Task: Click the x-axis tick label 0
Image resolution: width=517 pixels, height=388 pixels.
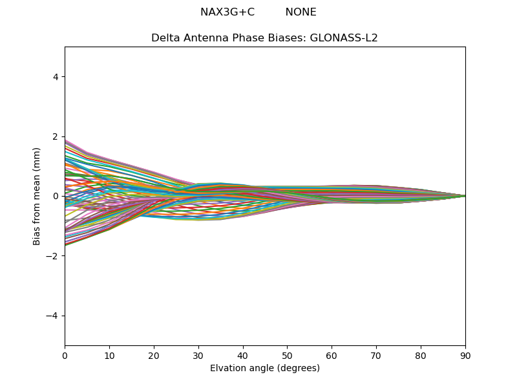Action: (x=65, y=355)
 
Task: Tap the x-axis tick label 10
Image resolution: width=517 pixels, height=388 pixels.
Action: (x=109, y=355)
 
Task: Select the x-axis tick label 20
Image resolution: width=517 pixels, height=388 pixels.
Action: (x=154, y=355)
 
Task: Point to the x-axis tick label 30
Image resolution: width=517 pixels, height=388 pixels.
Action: (x=198, y=355)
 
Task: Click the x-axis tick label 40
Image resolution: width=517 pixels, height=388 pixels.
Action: (x=242, y=355)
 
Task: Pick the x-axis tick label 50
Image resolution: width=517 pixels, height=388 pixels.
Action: (x=287, y=355)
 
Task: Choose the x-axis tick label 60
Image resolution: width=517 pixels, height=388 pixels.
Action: (x=332, y=355)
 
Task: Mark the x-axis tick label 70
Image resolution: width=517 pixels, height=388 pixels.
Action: (x=376, y=355)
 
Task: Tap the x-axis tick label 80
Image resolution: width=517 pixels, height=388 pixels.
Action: (x=421, y=355)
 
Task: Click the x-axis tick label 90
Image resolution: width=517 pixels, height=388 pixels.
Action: (x=465, y=355)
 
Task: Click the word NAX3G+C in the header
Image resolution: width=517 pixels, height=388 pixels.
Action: (x=227, y=12)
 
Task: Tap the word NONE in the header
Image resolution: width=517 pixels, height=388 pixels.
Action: (x=301, y=12)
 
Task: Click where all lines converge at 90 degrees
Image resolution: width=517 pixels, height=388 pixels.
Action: (x=465, y=196)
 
